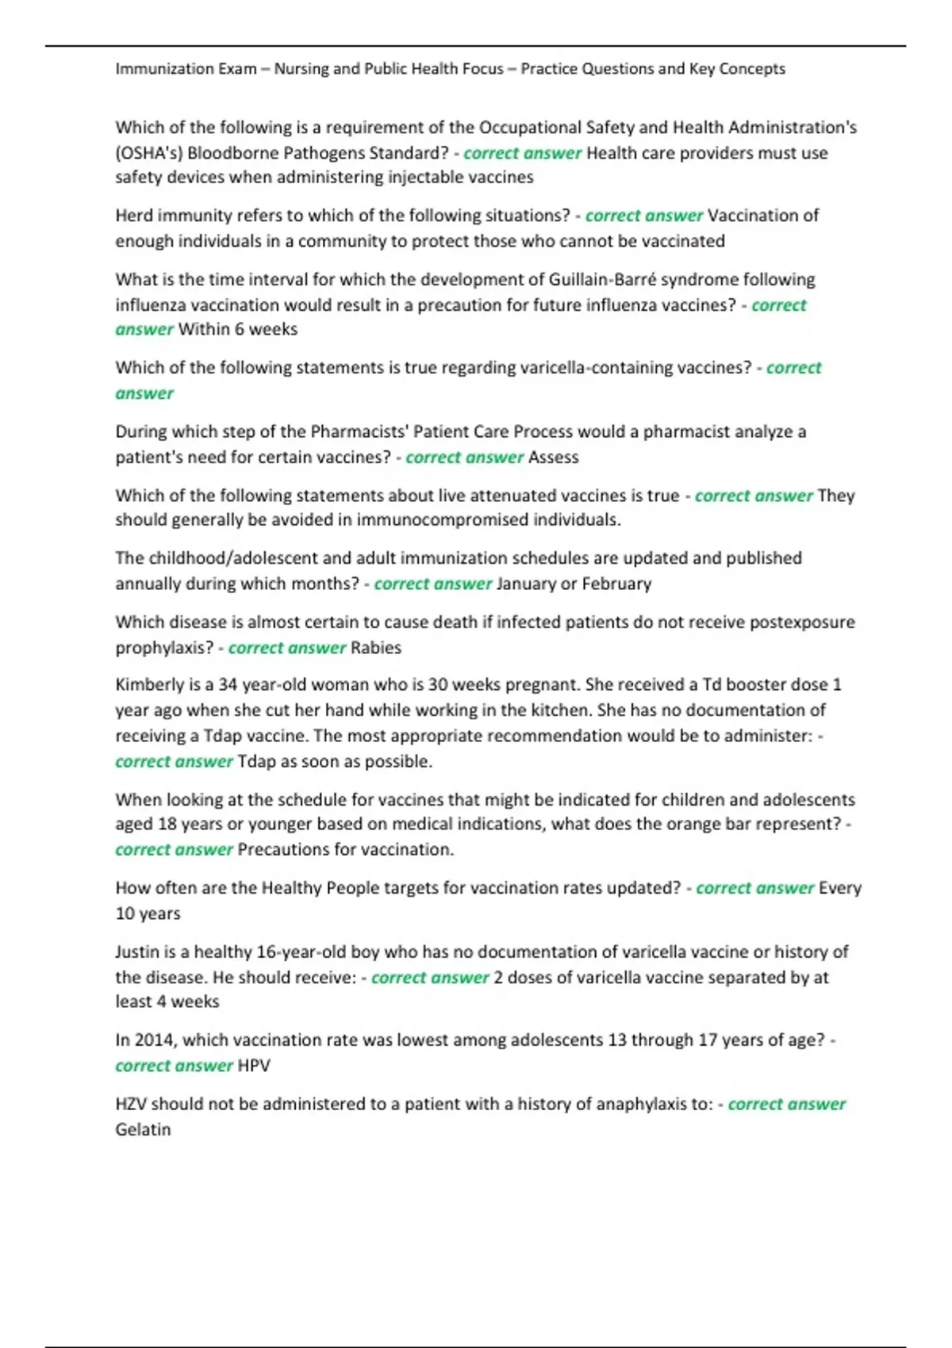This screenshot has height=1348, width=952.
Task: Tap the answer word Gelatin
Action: coord(143,1130)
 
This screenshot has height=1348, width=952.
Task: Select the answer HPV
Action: coord(254,1066)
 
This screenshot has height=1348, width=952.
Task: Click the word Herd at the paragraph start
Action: coord(133,216)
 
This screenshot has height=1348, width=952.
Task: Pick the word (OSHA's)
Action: coord(148,153)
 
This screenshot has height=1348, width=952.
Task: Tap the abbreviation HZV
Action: coord(131,1105)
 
